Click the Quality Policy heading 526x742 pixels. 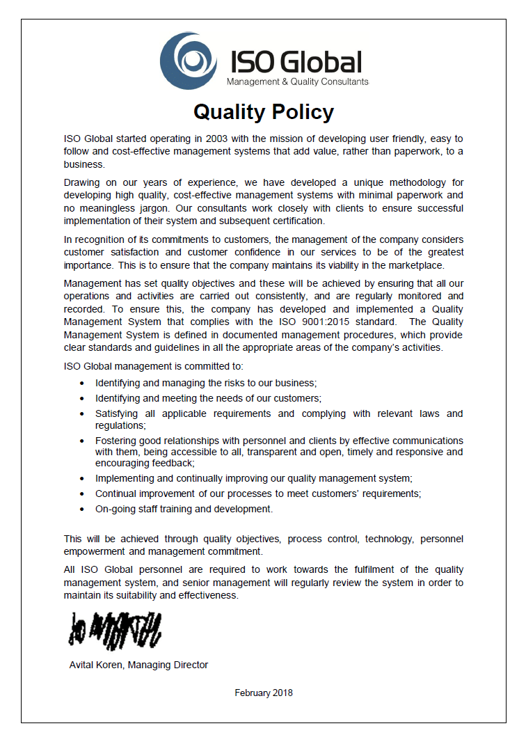pyautogui.click(x=263, y=112)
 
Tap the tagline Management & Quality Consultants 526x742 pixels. pyautogui.click(x=298, y=82)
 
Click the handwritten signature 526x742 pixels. pyautogui.click(x=114, y=629)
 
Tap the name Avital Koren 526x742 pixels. pyautogui.click(x=98, y=665)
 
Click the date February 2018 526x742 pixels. pyautogui.click(x=264, y=693)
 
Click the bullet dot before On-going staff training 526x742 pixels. pyautogui.click(x=82, y=509)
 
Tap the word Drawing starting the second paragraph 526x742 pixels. pyautogui.click(x=82, y=182)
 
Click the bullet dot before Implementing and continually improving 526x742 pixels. pyautogui.click(x=82, y=478)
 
